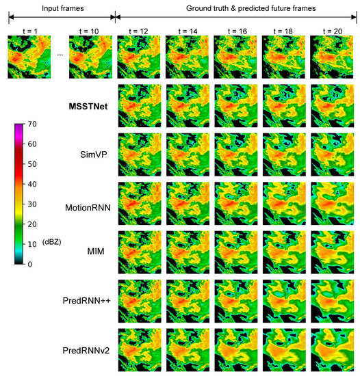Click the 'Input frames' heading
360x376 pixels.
coord(60,7)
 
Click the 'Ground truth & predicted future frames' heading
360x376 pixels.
coord(237,7)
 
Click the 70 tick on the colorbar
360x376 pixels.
coord(32,125)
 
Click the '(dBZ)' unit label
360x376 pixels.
coord(51,242)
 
